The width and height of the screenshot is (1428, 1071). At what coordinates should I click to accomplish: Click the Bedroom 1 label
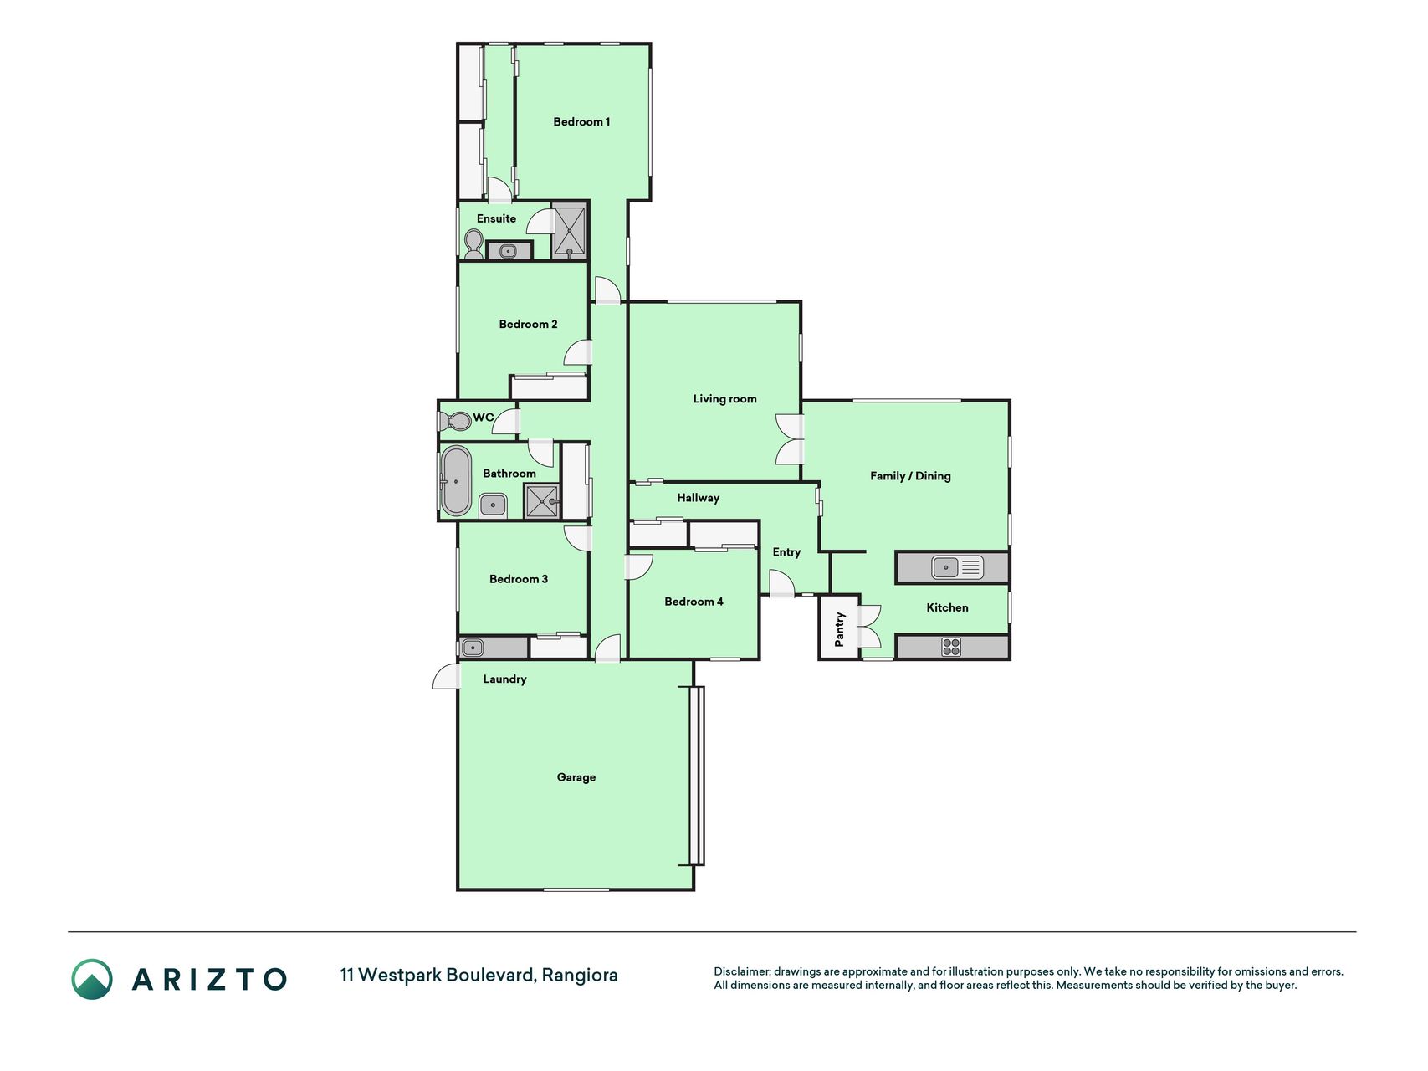(x=581, y=122)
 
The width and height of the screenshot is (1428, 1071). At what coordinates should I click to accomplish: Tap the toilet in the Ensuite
(x=473, y=243)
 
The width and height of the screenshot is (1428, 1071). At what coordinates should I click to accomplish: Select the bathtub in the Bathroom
(x=456, y=481)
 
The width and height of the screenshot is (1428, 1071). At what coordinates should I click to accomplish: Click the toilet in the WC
(x=456, y=421)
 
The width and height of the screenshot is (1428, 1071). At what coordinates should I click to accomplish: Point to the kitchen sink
(x=958, y=568)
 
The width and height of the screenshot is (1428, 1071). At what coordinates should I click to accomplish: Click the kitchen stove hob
(x=951, y=647)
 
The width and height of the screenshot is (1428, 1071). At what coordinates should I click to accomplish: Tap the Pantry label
(x=840, y=628)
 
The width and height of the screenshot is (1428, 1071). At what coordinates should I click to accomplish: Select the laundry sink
(x=473, y=648)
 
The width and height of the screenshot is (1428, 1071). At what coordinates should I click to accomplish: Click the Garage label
(x=576, y=777)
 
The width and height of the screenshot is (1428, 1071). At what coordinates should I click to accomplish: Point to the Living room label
(x=724, y=399)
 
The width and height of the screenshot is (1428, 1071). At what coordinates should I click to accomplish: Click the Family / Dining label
(x=910, y=476)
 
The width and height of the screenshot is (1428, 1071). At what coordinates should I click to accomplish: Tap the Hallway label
(x=699, y=498)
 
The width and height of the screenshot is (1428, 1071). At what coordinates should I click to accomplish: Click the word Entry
(x=786, y=552)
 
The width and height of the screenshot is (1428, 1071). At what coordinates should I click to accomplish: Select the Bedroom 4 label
(x=694, y=602)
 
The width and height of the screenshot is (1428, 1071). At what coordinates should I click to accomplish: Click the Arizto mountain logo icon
(x=92, y=979)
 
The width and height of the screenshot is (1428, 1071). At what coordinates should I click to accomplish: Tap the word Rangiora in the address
(x=580, y=976)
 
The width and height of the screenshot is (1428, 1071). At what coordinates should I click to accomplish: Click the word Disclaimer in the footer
(x=741, y=971)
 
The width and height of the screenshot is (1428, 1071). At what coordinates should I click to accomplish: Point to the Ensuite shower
(x=570, y=232)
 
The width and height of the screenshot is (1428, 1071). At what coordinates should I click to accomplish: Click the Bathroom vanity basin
(x=493, y=505)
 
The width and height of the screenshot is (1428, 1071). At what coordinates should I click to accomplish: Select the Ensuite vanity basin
(x=508, y=251)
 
